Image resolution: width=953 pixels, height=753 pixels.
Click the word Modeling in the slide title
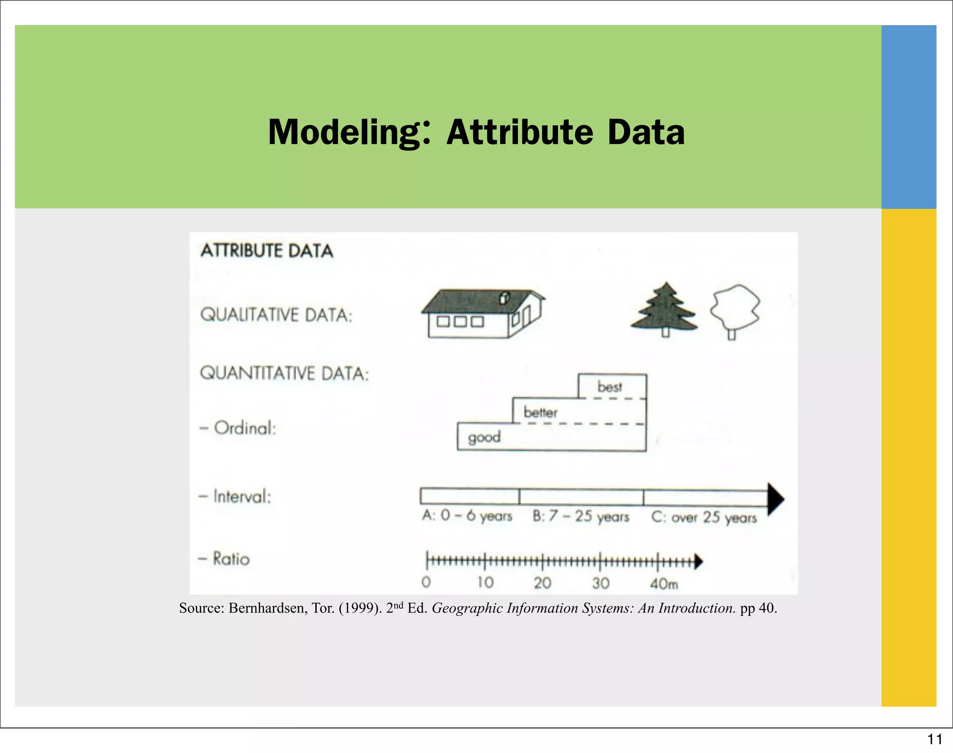click(x=344, y=133)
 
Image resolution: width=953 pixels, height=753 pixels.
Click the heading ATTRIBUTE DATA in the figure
click(x=267, y=251)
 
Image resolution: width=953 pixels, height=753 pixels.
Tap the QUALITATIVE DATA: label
click(x=276, y=315)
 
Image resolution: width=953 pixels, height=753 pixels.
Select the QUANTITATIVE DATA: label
click(x=284, y=373)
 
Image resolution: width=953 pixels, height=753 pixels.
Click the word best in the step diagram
click(x=610, y=387)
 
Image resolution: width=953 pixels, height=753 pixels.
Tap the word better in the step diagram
click(x=540, y=412)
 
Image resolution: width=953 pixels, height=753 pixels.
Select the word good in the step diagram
click(x=484, y=437)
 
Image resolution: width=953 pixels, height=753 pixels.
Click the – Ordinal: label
click(x=238, y=428)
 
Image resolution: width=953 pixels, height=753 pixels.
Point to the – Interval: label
click(x=235, y=496)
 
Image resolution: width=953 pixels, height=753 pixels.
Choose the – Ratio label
click(x=224, y=559)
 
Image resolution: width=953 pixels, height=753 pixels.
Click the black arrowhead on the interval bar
click(x=775, y=499)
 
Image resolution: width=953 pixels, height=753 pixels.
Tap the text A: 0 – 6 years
click(x=467, y=516)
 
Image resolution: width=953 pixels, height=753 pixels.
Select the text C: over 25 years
click(x=704, y=517)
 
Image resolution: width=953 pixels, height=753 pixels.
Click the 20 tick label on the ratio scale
click(x=542, y=583)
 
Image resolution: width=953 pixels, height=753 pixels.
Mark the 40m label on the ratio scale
click(x=664, y=583)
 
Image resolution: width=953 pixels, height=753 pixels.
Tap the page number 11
click(x=934, y=739)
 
